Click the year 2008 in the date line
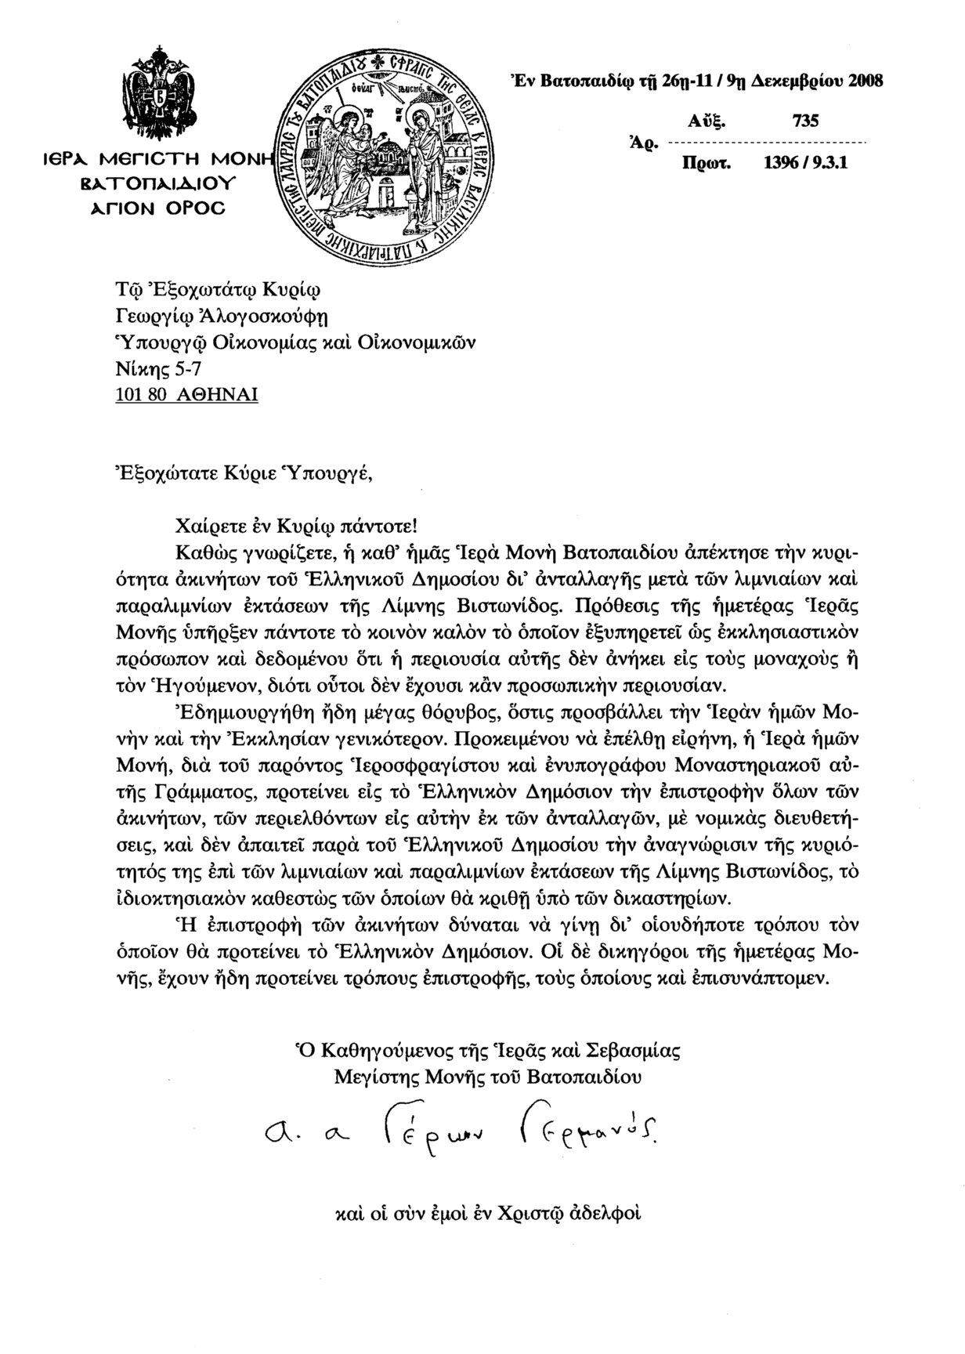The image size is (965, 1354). (x=862, y=80)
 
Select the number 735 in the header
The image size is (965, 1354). (x=805, y=121)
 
